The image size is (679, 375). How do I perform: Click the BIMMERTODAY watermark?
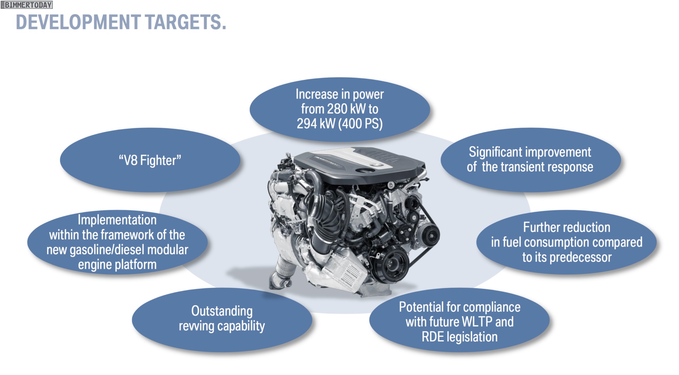point(27,5)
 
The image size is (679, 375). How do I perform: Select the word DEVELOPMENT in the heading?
point(78,22)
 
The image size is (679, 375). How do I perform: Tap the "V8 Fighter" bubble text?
point(150,160)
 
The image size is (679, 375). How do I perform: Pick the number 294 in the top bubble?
point(307,124)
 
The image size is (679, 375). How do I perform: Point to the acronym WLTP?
point(477,322)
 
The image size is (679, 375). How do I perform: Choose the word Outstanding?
point(222,311)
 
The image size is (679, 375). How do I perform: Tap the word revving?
point(197,326)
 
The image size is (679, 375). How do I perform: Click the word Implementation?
point(117,220)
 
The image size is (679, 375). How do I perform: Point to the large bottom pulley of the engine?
point(390,264)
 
